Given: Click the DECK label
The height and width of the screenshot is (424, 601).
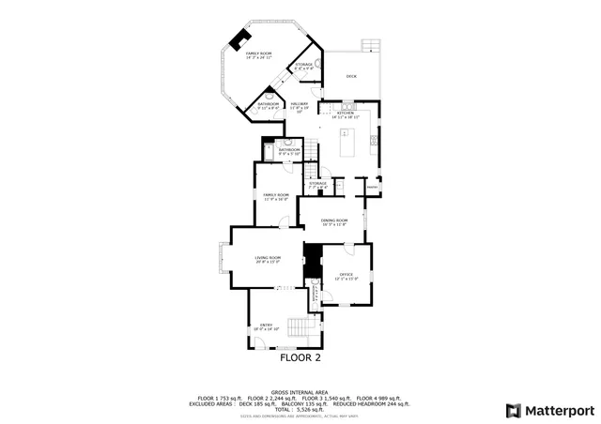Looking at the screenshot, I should [x=351, y=76].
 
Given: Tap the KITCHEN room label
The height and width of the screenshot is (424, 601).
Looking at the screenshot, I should [x=345, y=113].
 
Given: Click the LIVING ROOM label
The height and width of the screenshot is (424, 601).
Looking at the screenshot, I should [x=269, y=257].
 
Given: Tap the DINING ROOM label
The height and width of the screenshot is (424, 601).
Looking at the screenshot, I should [x=334, y=220].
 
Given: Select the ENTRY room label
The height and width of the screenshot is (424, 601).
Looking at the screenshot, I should [x=266, y=326].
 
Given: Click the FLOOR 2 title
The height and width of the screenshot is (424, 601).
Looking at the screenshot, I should [x=300, y=357].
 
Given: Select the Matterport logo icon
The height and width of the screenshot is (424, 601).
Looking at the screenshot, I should [x=512, y=410].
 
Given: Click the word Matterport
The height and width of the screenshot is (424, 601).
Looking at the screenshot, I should [x=558, y=410].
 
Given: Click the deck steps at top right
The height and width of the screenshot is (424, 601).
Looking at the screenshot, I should [x=374, y=45].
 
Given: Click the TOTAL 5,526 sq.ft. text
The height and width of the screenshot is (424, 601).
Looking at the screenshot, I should [x=300, y=409].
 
